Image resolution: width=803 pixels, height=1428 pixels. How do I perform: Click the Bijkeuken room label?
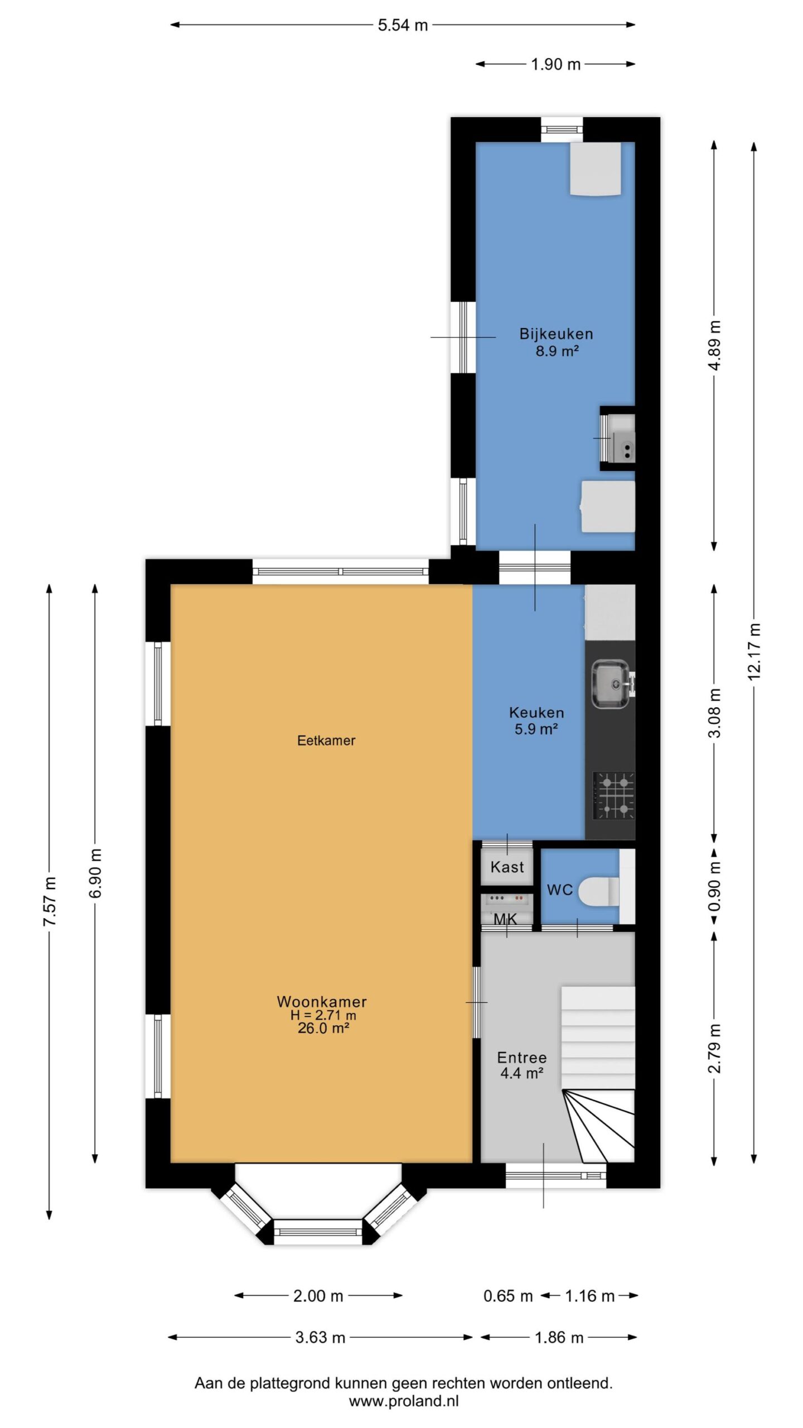point(556,334)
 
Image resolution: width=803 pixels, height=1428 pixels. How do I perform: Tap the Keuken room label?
point(536,712)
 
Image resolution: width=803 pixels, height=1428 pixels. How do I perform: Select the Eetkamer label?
point(326,740)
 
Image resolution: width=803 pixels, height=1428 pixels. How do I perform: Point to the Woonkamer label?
point(322,1001)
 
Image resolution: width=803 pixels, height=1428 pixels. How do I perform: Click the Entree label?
point(522,1057)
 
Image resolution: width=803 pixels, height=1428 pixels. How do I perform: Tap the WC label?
point(560,890)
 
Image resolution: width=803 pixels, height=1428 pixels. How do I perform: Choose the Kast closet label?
point(507,867)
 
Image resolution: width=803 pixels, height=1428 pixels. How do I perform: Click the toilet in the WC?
point(599,891)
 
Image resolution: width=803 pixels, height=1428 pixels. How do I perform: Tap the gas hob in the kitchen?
point(613,795)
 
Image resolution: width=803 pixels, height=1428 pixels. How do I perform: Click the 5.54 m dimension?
point(403,25)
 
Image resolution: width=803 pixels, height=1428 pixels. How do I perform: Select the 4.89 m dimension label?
point(714,345)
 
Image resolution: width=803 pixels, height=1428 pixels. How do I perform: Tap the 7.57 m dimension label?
point(50,901)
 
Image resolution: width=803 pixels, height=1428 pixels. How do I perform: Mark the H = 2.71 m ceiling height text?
point(323,1015)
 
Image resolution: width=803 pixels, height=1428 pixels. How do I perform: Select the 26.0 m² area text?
point(323,1028)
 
